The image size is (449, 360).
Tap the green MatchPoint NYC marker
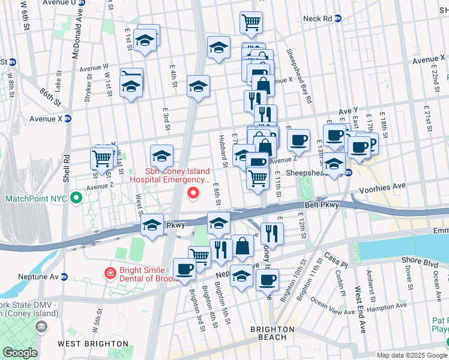pos(76,198)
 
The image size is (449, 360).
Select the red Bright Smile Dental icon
pos(110,274)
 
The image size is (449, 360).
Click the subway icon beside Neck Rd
pos(338,19)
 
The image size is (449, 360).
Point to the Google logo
pos(19,353)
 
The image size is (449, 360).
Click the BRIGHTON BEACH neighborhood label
pos(273,333)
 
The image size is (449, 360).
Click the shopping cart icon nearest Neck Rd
pos(251,23)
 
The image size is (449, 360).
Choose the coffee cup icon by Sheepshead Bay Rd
pos(298,142)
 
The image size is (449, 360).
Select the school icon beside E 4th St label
pos(197,87)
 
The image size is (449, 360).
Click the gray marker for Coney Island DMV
pos(41,326)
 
